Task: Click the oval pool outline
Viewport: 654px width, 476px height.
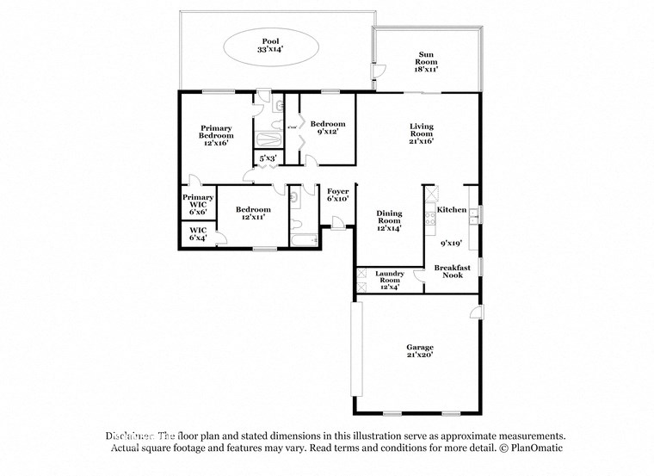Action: point(271,46)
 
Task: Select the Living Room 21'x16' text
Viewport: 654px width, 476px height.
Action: point(421,133)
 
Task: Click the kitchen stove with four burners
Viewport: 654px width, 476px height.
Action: point(430,219)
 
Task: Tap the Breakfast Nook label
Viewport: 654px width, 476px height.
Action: point(452,272)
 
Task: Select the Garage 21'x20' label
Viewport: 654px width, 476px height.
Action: point(420,350)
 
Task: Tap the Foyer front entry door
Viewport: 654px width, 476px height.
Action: point(338,223)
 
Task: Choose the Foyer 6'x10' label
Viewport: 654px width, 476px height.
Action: point(336,195)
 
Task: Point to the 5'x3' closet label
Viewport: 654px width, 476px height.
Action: point(267,158)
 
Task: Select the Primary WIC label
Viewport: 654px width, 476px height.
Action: point(197,204)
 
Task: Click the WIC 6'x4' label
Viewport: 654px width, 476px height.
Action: point(197,234)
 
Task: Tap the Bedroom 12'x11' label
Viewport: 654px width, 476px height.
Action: point(253,213)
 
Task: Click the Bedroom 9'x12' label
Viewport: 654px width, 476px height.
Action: point(327,127)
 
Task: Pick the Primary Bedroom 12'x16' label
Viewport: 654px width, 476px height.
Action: point(215,136)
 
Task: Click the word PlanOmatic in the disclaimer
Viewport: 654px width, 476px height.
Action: point(534,448)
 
